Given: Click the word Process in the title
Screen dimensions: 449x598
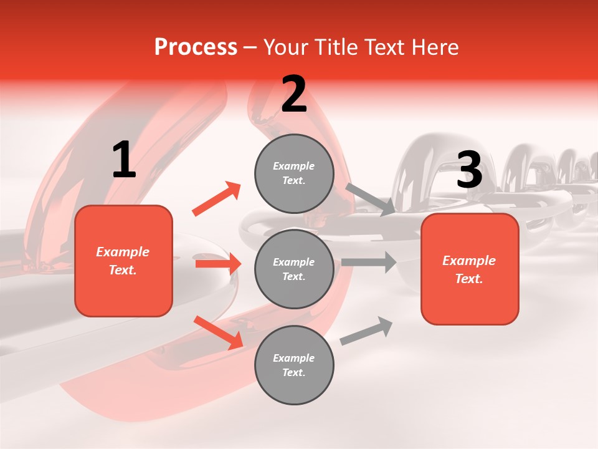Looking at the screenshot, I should [x=196, y=47].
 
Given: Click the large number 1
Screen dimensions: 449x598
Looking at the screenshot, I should [x=124, y=161].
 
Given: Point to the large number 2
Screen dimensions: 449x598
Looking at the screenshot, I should [x=294, y=95].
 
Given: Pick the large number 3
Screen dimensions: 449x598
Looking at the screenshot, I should [x=469, y=170].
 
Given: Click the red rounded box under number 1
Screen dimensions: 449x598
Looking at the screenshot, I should [x=123, y=261].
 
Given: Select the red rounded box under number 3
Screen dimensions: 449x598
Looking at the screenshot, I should [x=470, y=269].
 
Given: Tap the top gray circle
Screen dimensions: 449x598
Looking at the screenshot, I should [x=294, y=173].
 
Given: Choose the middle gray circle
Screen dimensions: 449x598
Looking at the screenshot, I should [x=294, y=269].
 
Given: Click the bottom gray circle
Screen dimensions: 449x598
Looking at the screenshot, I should [x=294, y=365].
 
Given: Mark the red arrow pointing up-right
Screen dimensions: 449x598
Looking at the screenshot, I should [x=216, y=199].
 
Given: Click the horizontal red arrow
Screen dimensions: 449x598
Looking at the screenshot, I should [x=218, y=264].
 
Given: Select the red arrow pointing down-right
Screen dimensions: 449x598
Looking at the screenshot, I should [x=218, y=332].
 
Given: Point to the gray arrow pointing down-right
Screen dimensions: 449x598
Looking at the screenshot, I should [x=370, y=199].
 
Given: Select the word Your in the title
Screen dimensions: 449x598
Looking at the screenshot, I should [x=285, y=47].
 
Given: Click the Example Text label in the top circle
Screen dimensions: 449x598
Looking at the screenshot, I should [x=294, y=173].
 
